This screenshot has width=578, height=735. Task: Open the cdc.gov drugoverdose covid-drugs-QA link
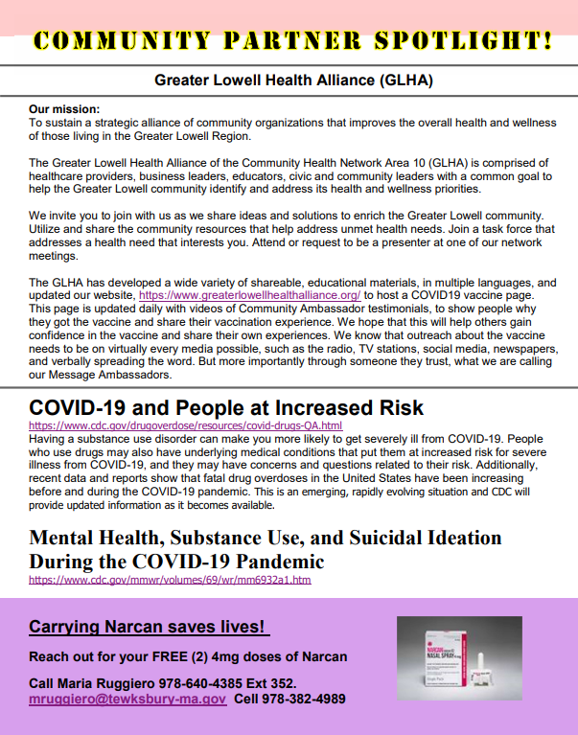coord(185,425)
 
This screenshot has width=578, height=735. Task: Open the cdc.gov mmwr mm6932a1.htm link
coord(170,580)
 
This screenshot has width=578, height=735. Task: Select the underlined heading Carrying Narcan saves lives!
coord(149,628)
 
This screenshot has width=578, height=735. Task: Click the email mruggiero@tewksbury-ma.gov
coord(127,700)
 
